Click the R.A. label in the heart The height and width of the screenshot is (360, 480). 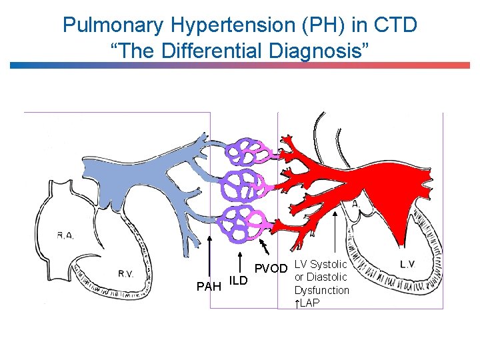(65, 235)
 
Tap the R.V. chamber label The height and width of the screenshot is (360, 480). (126, 273)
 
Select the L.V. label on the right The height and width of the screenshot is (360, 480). (407, 264)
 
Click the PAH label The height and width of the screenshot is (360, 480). (209, 287)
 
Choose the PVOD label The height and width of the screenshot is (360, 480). (272, 269)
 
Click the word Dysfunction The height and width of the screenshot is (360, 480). (322, 290)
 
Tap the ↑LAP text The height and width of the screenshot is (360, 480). (307, 303)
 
